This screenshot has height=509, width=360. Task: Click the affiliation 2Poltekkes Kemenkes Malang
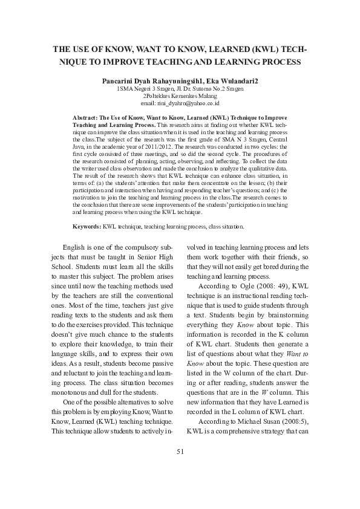(180, 96)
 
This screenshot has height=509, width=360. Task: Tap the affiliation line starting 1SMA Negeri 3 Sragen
(180, 88)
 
